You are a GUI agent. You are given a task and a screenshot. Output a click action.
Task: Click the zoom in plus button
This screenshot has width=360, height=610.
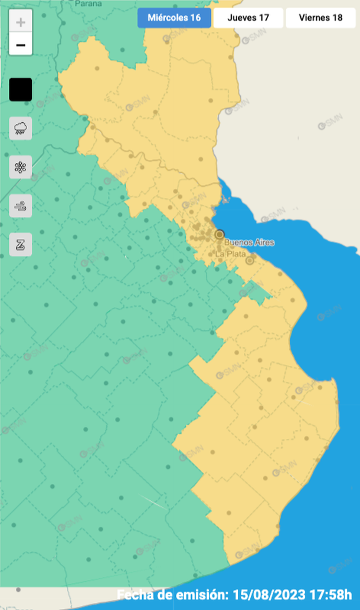pyautogui.click(x=21, y=23)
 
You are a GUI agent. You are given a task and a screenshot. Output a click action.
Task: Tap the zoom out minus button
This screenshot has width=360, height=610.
pyautogui.click(x=21, y=44)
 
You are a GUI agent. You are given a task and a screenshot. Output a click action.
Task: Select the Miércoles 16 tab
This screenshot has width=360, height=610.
pyautogui.click(x=174, y=18)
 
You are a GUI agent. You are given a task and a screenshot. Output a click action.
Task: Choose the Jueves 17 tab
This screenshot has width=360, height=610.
pyautogui.click(x=248, y=18)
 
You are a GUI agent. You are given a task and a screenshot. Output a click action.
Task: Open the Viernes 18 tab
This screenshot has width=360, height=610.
pyautogui.click(x=320, y=18)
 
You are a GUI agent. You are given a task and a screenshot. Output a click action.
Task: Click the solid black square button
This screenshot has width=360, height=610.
pyautogui.click(x=21, y=90)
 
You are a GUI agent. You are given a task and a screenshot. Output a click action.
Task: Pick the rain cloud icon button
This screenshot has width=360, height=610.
pyautogui.click(x=21, y=128)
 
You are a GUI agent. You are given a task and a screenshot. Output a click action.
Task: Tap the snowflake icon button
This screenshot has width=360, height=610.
pyautogui.click(x=21, y=167)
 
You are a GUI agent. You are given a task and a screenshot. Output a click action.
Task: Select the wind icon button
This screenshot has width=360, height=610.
pyautogui.click(x=21, y=206)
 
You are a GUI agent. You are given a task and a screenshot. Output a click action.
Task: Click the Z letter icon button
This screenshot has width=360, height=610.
pyautogui.click(x=21, y=244)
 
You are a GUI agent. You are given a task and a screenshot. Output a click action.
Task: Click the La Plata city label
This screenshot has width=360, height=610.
pyautogui.click(x=230, y=254)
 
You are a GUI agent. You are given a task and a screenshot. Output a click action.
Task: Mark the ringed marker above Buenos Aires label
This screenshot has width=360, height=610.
pyautogui.click(x=220, y=235)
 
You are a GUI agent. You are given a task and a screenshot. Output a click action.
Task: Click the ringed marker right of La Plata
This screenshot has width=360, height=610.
pyautogui.click(x=250, y=260)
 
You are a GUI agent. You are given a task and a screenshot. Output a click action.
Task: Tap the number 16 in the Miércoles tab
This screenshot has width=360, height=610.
pyautogui.click(x=195, y=18)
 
